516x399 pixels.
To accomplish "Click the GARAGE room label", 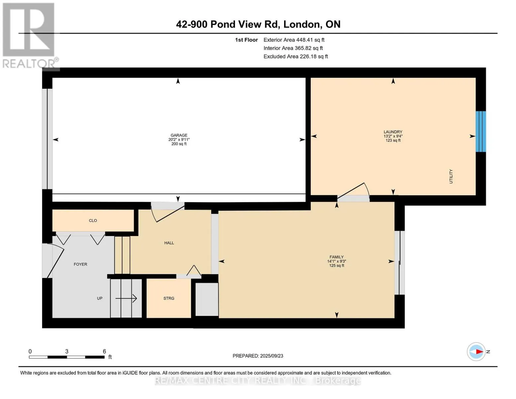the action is (179, 135).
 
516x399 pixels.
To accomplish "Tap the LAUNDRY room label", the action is (393, 132).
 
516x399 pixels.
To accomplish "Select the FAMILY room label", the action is (337, 257).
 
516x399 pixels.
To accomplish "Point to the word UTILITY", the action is (451, 176).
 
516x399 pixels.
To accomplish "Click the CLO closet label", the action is (93, 220).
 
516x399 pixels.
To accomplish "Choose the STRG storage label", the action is (169, 298).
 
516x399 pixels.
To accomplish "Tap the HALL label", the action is (169, 243).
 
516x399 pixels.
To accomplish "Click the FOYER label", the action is (80, 264).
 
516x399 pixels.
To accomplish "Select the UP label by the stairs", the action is (100, 298).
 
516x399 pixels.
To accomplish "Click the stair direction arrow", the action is (126, 298).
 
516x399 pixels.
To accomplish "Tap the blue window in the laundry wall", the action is (481, 131).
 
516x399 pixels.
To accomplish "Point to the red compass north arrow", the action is (479, 352).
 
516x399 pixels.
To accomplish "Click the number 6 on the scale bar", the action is (104, 351).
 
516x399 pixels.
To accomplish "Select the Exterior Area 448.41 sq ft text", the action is (294, 40).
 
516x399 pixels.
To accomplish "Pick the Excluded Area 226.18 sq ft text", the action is (296, 57).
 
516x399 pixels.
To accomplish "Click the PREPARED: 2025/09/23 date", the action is (258, 356).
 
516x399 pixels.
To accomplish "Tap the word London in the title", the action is (302, 24).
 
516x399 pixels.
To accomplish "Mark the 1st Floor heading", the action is (246, 40).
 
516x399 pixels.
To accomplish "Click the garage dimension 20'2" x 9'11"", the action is (179, 140).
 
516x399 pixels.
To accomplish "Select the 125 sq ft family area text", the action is (337, 265).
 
